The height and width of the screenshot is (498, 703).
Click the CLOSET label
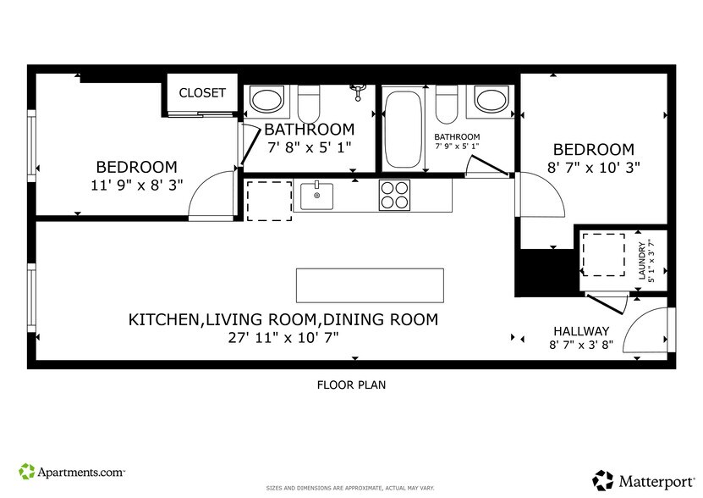[202, 93]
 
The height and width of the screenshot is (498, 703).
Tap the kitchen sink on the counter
[317, 196]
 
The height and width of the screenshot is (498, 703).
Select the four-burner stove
[394, 196]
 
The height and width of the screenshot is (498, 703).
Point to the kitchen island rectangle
[370, 285]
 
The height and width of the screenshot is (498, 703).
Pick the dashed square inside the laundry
[603, 254]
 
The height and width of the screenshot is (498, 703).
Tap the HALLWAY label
[581, 331]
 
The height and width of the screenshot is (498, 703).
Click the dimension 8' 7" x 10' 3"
[592, 168]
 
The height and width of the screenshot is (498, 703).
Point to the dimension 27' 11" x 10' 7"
[283, 338]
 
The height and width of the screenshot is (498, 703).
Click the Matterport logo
[640, 479]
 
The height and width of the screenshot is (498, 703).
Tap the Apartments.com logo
[72, 470]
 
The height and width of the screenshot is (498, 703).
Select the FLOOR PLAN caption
[351, 385]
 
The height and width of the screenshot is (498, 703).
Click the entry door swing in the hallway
[650, 330]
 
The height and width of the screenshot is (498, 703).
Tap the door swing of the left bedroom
[211, 195]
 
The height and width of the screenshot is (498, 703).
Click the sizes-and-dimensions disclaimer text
[351, 489]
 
